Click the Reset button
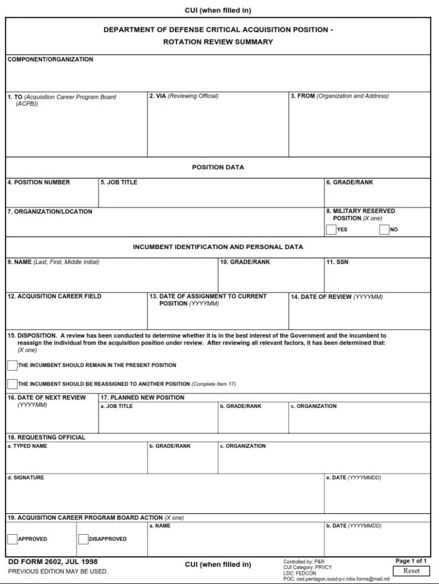[x=411, y=570]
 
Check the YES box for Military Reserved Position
[x=331, y=230]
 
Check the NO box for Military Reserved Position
[x=384, y=230]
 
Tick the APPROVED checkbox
[x=12, y=539]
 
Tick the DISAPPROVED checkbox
[x=83, y=539]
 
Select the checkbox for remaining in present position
[x=12, y=365]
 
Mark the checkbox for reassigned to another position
[x=12, y=384]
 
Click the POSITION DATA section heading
[x=218, y=167]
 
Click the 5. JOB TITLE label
[x=119, y=182]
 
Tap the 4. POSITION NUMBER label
[x=39, y=182]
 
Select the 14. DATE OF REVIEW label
[x=337, y=297]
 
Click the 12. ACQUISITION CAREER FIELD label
[x=54, y=297]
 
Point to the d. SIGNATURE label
[x=25, y=478]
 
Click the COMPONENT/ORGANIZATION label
[x=50, y=59]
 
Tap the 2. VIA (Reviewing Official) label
[x=183, y=96]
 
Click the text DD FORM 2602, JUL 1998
[x=53, y=562]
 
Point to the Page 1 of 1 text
[x=411, y=561]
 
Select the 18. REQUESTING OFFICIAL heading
[x=46, y=437]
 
